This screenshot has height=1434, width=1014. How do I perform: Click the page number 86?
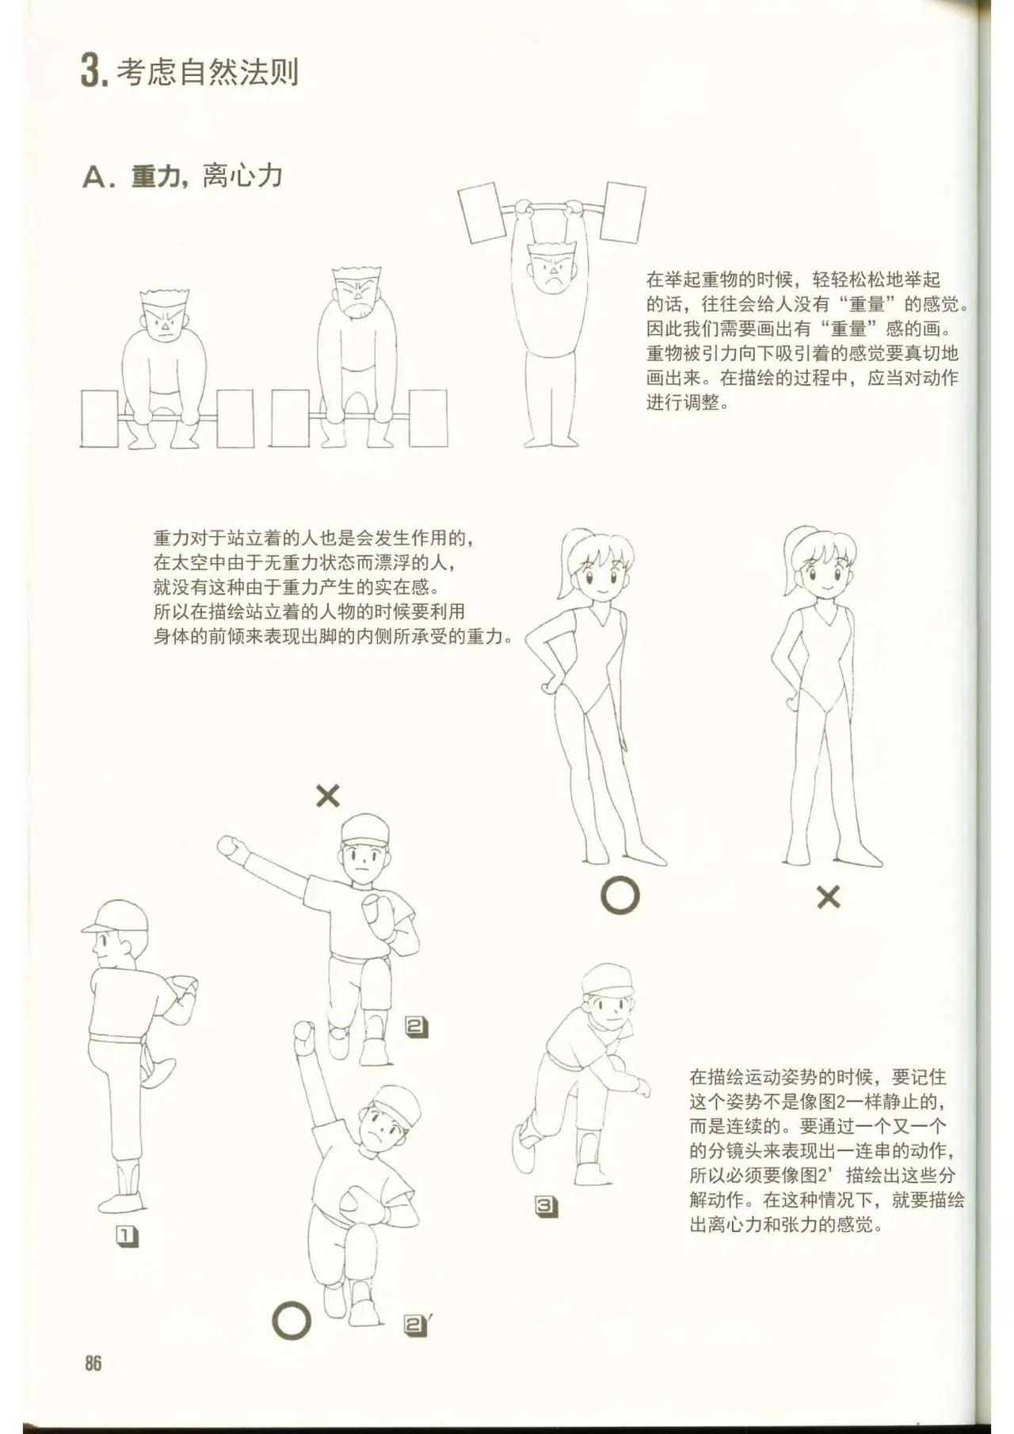tap(93, 1363)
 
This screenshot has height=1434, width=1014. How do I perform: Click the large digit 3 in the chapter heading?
tap(90, 71)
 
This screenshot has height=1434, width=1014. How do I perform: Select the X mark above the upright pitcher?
tap(328, 796)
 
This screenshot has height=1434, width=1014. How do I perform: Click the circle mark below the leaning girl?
tap(619, 896)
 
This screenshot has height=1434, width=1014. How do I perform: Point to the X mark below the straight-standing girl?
tap(828, 897)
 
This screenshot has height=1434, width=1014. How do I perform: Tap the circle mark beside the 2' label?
tap(292, 1320)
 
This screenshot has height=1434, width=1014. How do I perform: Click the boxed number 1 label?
tap(128, 1236)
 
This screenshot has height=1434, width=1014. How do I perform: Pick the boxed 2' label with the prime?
tap(417, 1326)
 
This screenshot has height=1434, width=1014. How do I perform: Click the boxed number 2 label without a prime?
tap(417, 1027)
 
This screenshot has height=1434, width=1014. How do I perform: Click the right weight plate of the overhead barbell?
tap(623, 211)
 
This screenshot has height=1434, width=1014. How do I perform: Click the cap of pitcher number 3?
tap(608, 980)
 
